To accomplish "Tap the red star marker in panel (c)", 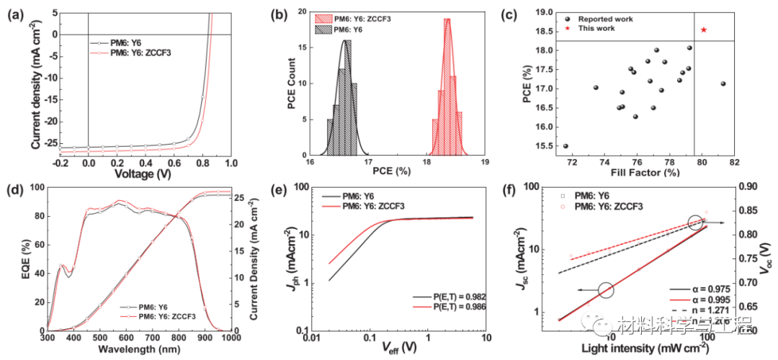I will pyautogui.click(x=703, y=30).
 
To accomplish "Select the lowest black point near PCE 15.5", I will pyautogui.click(x=565, y=145).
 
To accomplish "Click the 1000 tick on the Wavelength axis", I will pyautogui.click(x=231, y=338).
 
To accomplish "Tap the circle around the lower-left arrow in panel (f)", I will pyautogui.click(x=605, y=290).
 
